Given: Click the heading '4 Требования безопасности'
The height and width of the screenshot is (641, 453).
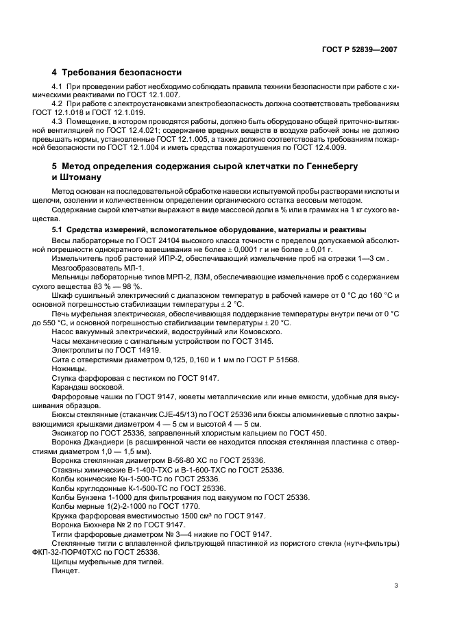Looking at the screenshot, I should tap(117, 72).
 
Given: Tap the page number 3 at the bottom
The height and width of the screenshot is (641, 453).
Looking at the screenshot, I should tap(396, 585).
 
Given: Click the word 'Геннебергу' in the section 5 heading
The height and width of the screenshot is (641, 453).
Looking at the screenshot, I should tap(332, 167).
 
